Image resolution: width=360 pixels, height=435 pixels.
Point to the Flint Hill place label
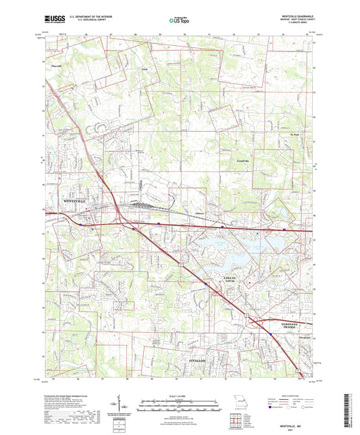pyautogui.click(x=58, y=66)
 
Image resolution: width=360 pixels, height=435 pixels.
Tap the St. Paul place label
pyautogui.click(x=286, y=136)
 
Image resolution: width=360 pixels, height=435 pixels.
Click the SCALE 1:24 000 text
pyautogui.click(x=180, y=395)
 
